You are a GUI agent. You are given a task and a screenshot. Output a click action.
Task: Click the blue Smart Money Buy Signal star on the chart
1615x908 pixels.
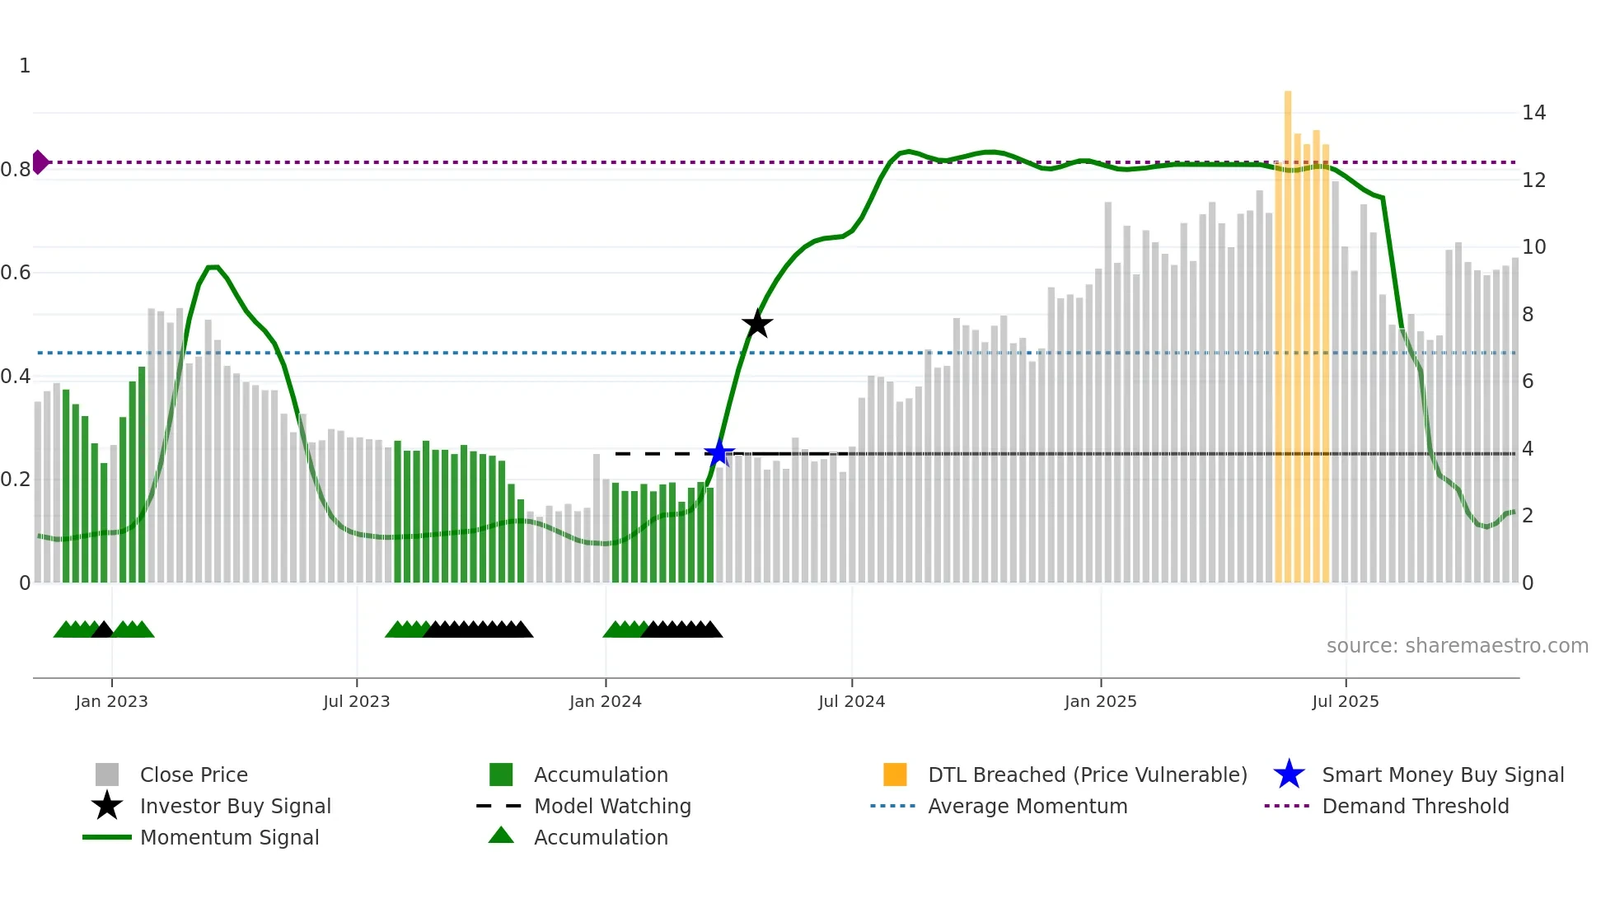pos(719,452)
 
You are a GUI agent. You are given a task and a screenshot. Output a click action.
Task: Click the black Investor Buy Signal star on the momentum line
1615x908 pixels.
pos(756,324)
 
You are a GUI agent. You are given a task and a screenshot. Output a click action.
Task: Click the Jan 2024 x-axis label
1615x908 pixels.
pos(605,701)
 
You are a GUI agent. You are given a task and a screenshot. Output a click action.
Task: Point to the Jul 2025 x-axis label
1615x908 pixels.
pos(1345,701)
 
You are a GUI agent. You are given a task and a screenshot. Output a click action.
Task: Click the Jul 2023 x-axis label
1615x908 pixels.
pos(356,701)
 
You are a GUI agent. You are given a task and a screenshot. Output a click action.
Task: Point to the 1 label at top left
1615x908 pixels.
pos(25,66)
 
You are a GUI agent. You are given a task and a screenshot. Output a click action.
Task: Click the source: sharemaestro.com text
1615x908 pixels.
pos(1457,646)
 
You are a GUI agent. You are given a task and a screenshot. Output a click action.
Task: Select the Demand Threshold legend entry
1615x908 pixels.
pos(1415,806)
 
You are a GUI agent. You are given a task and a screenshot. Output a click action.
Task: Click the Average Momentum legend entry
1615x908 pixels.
pos(1027,806)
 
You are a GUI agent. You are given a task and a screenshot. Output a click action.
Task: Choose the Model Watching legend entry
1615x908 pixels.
pos(611,806)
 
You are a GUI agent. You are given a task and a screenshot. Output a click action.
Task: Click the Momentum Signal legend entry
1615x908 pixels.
pos(229,837)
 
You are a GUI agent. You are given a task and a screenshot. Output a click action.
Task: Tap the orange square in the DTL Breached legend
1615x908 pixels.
pos(895,775)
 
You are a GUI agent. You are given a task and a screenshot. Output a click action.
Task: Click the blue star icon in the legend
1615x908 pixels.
pos(1289,775)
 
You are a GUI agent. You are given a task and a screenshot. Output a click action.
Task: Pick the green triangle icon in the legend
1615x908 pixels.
pos(501,835)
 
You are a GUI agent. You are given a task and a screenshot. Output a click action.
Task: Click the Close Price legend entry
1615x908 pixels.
pos(193,775)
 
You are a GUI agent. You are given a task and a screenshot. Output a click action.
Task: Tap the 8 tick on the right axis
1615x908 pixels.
pos(1527,315)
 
